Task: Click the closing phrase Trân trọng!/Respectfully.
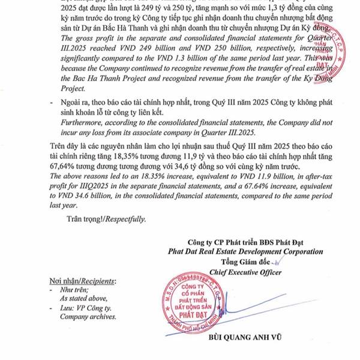tap(106, 219)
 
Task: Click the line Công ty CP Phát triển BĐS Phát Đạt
tap(244, 242)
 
